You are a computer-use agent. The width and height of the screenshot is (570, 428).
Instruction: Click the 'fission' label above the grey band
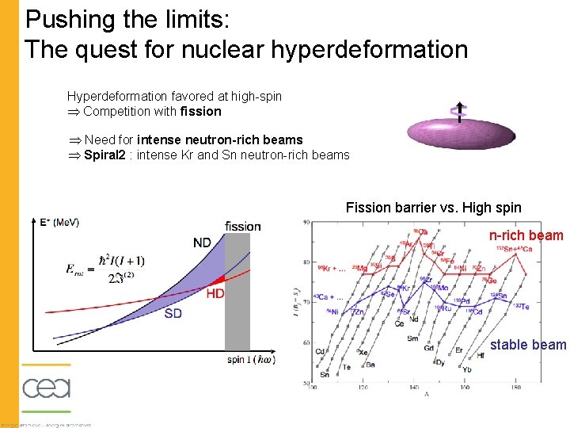(242, 226)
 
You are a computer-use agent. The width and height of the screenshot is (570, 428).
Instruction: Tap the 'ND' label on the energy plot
(202, 243)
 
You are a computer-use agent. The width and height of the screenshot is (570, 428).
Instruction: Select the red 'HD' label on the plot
(215, 293)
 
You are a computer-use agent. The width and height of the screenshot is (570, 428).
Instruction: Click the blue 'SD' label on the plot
(173, 313)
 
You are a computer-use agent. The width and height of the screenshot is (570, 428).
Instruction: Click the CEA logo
(46, 388)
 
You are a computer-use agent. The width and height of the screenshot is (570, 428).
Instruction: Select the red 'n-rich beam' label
(526, 235)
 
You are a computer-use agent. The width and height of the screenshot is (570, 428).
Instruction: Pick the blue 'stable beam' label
(528, 344)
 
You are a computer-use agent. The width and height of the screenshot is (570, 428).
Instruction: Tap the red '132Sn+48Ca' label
(514, 249)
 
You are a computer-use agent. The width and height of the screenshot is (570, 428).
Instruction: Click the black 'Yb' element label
(467, 369)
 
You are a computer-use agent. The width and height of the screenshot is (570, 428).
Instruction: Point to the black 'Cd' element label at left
(320, 351)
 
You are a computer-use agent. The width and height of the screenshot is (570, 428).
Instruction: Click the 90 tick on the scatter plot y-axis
(305, 223)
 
